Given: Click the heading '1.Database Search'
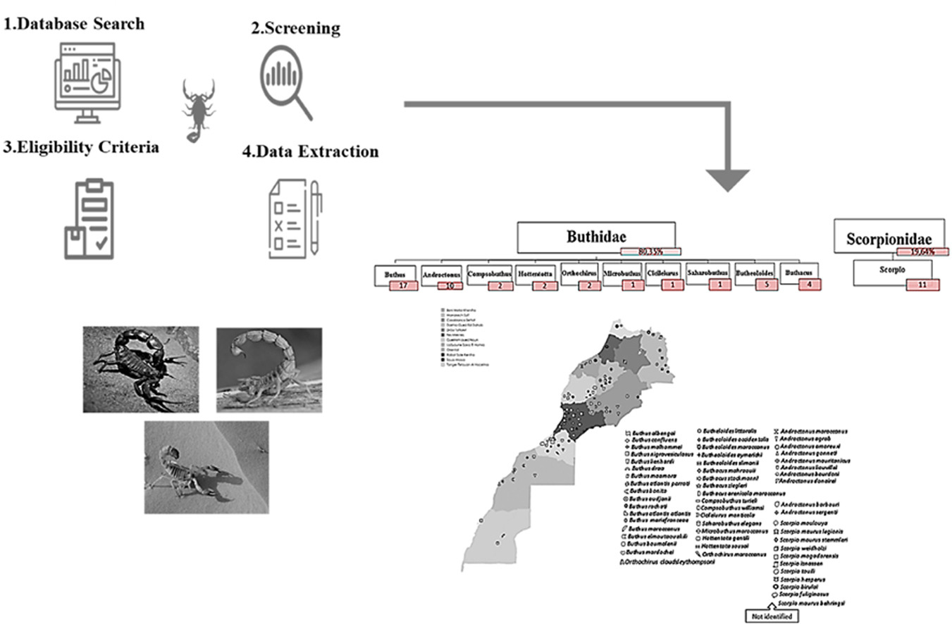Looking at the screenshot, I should (x=74, y=24).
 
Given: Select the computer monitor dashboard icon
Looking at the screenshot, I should (x=87, y=82).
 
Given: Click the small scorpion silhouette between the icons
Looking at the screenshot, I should (x=199, y=110).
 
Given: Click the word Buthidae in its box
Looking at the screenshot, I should (x=596, y=237).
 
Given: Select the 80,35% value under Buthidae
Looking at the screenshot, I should (x=650, y=250).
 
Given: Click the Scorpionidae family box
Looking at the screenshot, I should (x=888, y=238).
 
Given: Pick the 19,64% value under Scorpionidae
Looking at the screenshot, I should (x=922, y=251).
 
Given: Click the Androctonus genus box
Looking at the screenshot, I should (x=440, y=274).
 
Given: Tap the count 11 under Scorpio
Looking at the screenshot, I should (x=922, y=285).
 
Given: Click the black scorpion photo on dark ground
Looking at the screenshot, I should (x=140, y=368).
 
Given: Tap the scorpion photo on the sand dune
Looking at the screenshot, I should (x=206, y=467).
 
